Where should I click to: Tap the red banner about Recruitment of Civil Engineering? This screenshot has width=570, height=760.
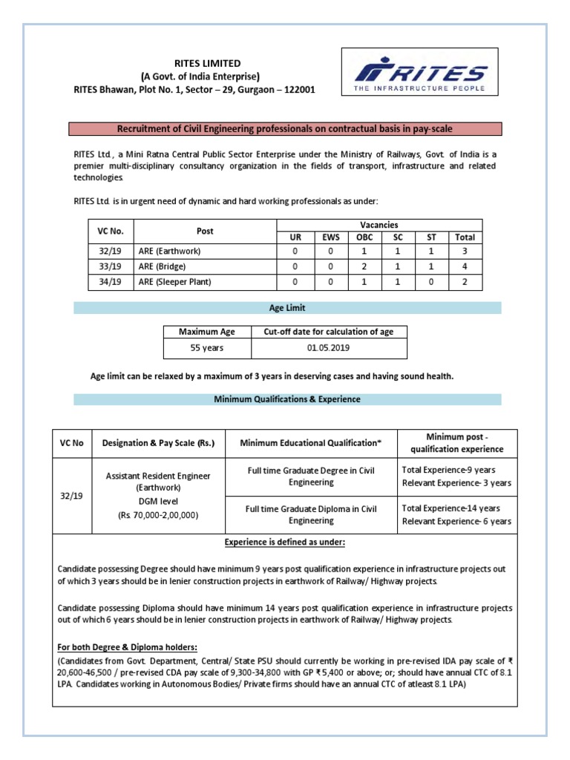(x=285, y=129)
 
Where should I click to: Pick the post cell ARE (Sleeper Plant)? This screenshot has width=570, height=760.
(x=175, y=282)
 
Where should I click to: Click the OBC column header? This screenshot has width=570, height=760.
(x=364, y=237)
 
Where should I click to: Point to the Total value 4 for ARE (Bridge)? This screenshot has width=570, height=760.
(x=465, y=266)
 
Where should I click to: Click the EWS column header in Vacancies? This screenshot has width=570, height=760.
(x=330, y=237)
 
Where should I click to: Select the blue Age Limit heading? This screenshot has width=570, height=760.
(x=286, y=308)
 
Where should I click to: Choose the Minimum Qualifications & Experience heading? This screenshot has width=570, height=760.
(x=286, y=399)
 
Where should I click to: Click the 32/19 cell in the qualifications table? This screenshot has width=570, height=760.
(x=72, y=496)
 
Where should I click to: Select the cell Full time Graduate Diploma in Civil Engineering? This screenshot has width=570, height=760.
(x=311, y=515)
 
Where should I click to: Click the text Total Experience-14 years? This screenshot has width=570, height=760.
(x=451, y=508)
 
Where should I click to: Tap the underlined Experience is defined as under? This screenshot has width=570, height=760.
(x=285, y=543)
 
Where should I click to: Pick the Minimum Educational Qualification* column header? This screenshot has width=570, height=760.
(x=311, y=443)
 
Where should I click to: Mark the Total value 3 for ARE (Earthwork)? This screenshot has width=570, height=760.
(x=465, y=251)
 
